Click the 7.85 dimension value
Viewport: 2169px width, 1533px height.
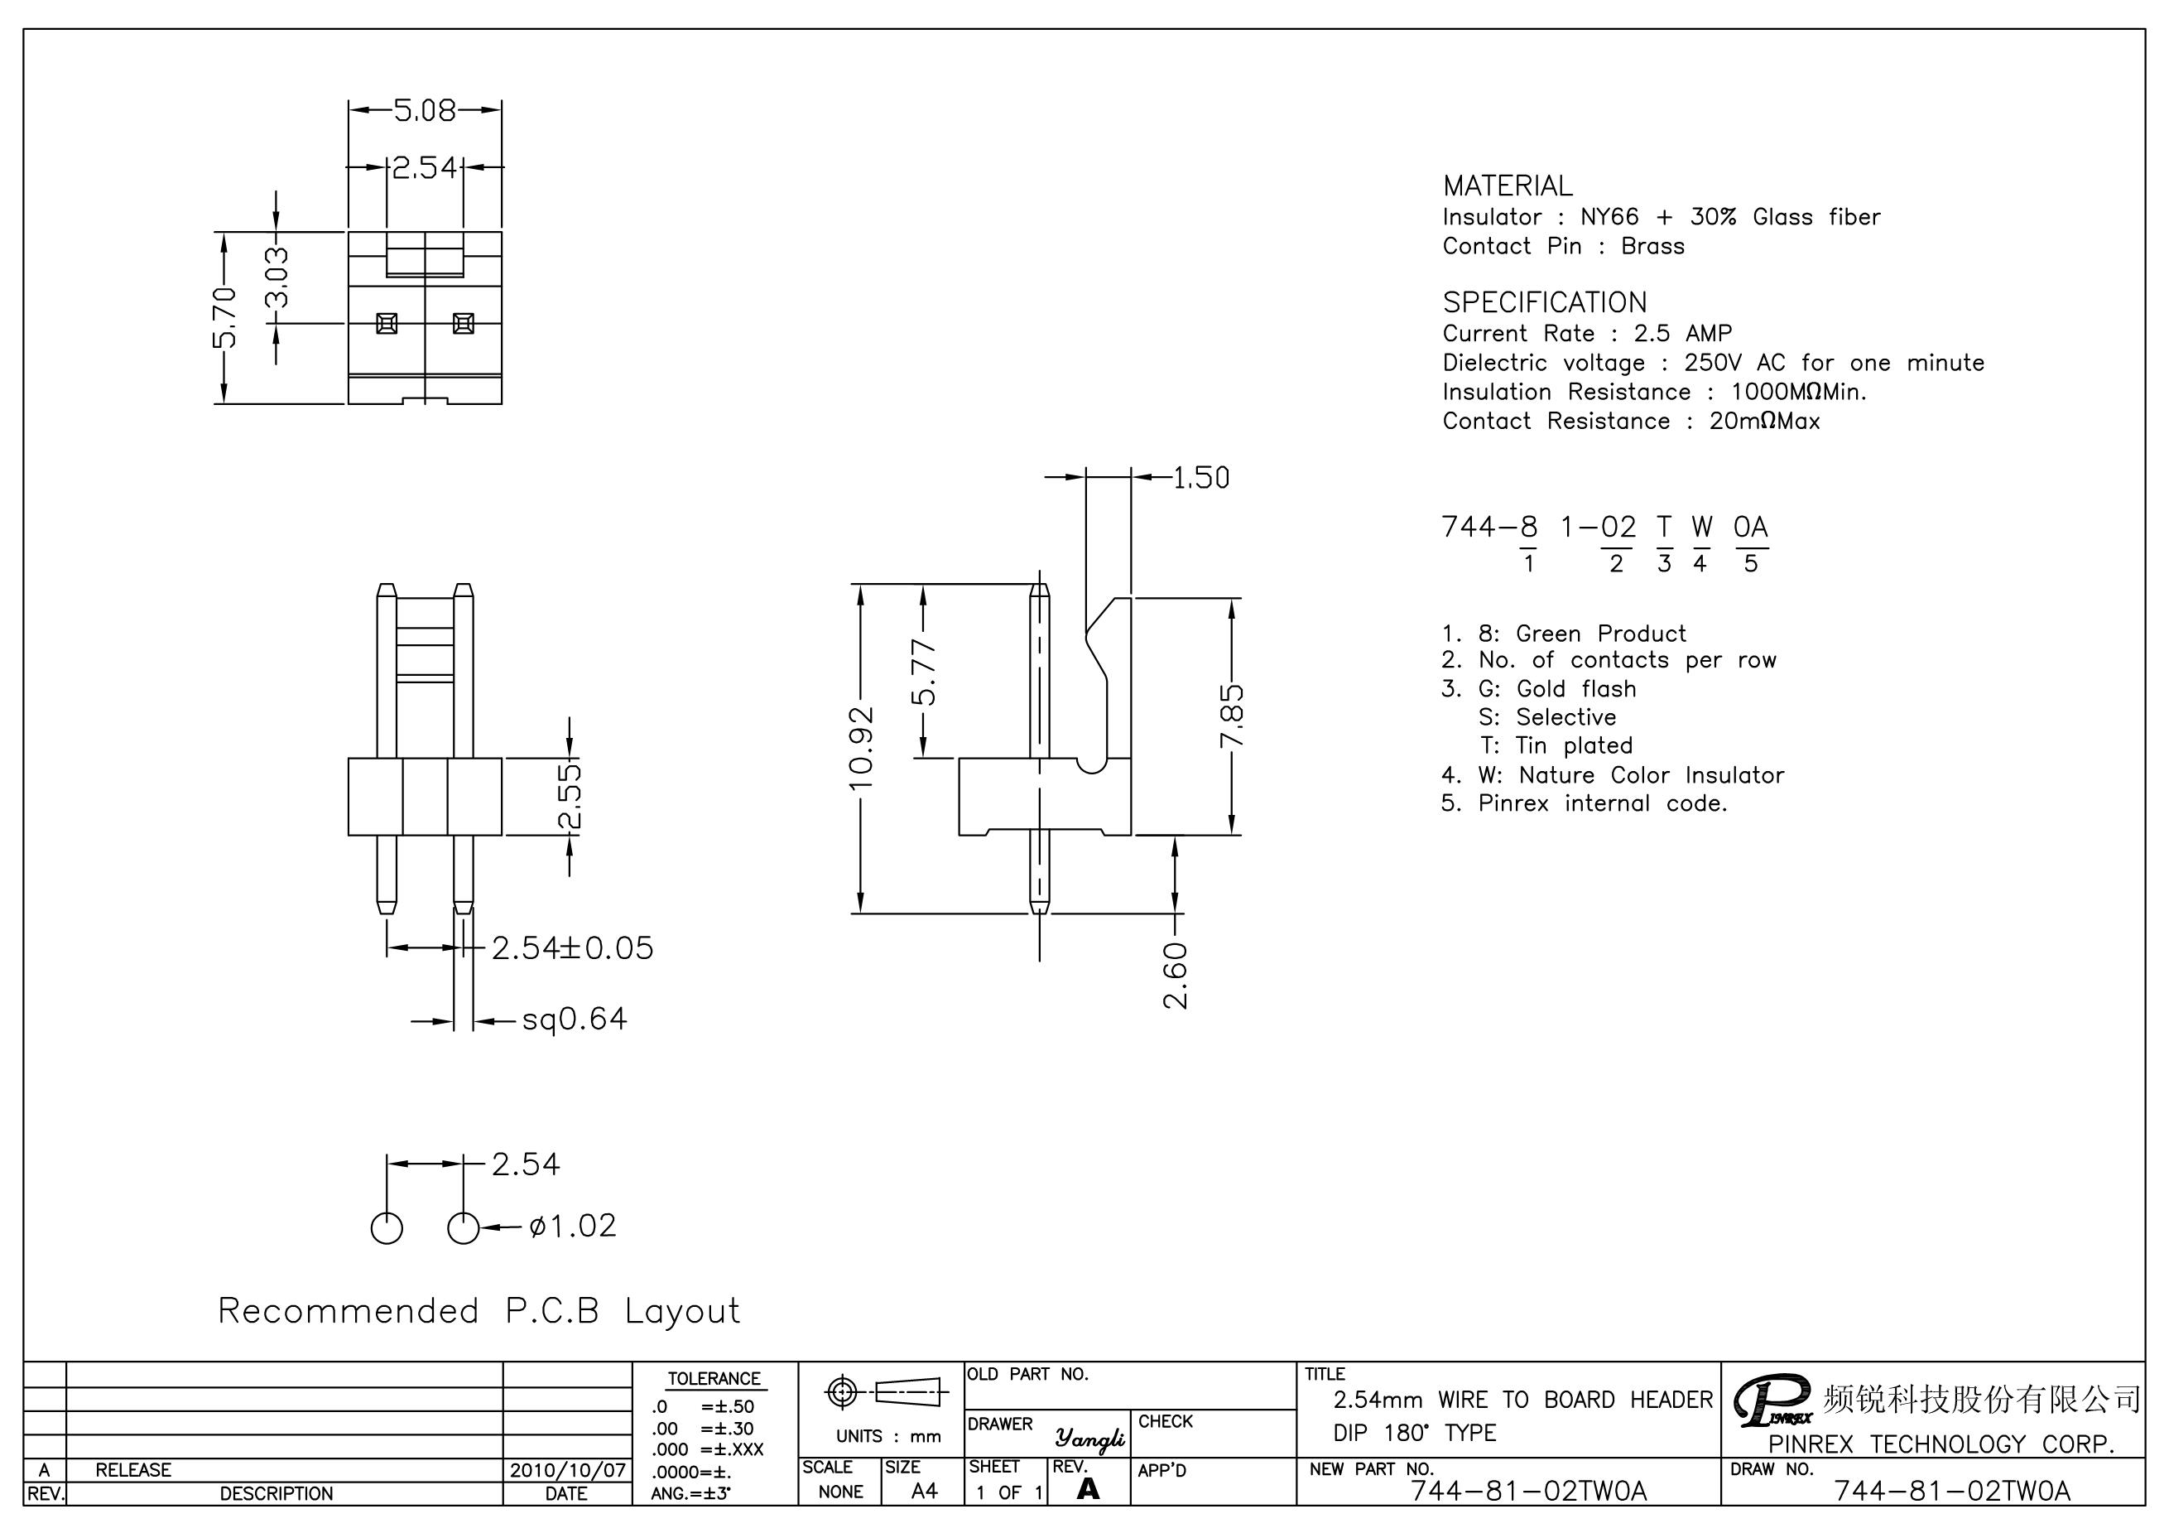click(1232, 716)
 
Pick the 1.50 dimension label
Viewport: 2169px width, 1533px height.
click(1200, 478)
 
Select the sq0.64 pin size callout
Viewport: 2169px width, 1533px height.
click(575, 1019)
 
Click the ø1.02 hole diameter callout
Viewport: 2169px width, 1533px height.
click(573, 1226)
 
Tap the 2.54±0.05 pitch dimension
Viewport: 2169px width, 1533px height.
click(573, 948)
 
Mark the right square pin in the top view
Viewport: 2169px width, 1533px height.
click(463, 323)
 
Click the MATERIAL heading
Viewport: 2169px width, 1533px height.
click(1508, 186)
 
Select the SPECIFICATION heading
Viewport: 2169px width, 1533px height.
click(1545, 302)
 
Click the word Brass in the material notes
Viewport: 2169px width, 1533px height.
click(1652, 246)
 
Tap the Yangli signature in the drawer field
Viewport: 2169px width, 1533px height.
click(1090, 1438)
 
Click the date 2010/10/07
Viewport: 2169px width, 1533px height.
click(567, 1470)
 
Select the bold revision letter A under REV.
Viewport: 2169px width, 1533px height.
click(1089, 1488)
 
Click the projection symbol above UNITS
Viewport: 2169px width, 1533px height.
click(886, 1392)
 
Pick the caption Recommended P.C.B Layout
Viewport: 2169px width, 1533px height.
click(479, 1311)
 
